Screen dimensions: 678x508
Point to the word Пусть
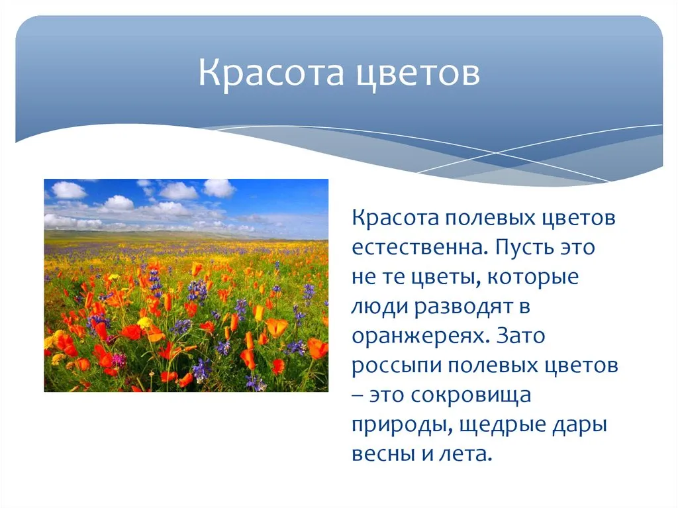tap(524, 247)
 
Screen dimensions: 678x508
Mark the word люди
tap(380, 307)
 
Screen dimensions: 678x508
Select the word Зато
tap(520, 336)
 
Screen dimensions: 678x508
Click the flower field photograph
tap(186, 285)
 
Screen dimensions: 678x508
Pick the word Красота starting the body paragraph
tap(395, 218)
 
